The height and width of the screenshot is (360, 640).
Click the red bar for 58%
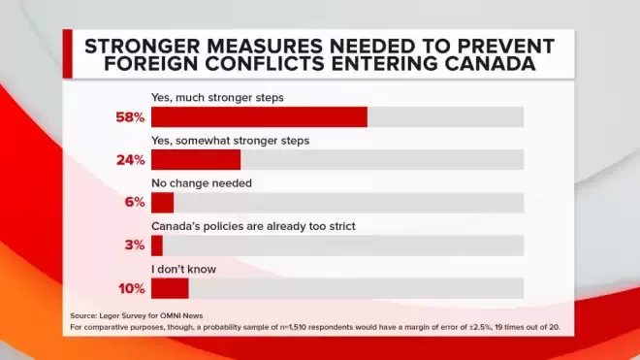259,117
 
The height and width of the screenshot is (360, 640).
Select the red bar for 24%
196,160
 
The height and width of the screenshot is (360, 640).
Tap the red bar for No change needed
163,203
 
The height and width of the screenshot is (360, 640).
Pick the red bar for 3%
157,245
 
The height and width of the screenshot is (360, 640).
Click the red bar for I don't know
170,288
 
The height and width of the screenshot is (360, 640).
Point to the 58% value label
130,117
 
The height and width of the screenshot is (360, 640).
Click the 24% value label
131,160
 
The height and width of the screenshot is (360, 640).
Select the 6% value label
135,202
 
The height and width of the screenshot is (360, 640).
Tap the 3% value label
135,245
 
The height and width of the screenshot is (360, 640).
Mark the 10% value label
132,289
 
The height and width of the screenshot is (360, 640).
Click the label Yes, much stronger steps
217,98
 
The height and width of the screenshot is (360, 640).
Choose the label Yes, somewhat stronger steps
230,141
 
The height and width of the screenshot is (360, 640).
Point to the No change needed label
202,183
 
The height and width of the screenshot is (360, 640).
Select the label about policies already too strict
253,226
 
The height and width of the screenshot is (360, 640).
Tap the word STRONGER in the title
143,47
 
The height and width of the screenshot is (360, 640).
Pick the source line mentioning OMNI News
137,316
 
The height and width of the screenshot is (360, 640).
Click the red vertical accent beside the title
67,53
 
